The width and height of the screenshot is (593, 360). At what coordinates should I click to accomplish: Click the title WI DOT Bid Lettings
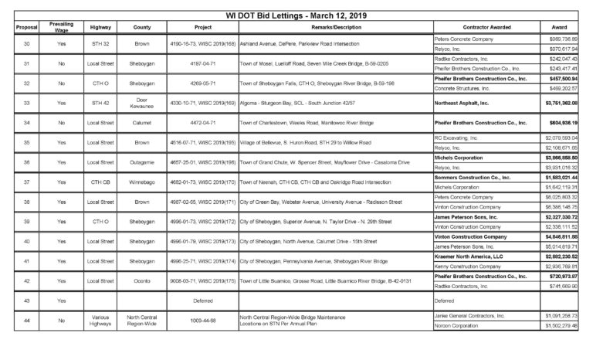click(296, 15)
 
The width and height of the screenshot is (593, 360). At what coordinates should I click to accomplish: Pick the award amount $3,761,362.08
click(564, 102)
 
